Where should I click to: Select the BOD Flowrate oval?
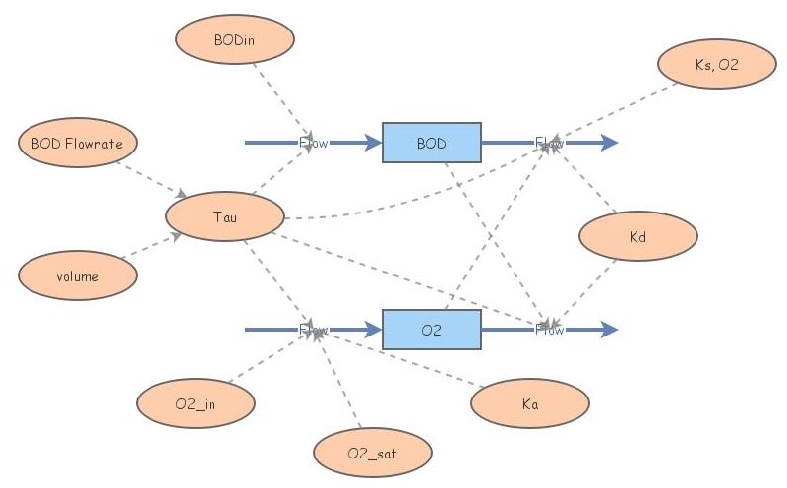[78, 144]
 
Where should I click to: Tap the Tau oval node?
[225, 215]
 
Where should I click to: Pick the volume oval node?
[78, 276]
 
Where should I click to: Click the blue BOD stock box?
[431, 144]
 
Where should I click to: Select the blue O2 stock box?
[431, 330]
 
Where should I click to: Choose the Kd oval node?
[637, 236]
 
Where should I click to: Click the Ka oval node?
[530, 403]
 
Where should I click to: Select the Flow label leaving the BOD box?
[549, 144]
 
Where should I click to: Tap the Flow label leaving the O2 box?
[549, 330]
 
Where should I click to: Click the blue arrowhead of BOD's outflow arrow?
[610, 144]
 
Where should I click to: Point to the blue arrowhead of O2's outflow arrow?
[610, 330]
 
